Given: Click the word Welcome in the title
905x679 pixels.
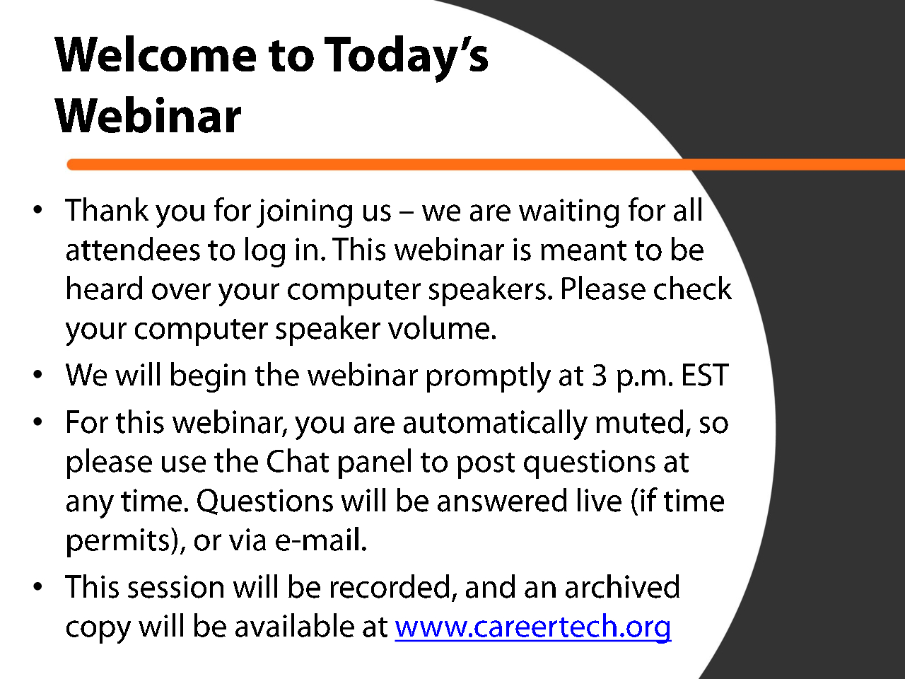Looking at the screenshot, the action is (x=156, y=55).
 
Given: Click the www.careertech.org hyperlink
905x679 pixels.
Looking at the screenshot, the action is (x=533, y=627).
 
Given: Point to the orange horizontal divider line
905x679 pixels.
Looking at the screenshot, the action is (x=486, y=165).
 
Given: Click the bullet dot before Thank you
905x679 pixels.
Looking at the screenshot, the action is (x=38, y=210).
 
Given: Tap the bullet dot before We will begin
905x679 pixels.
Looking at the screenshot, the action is (x=38, y=375).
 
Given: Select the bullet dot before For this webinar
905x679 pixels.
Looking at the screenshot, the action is (x=38, y=422).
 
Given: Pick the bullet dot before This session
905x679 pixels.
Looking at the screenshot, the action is (x=38, y=586).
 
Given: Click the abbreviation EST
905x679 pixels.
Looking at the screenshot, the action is (x=705, y=375).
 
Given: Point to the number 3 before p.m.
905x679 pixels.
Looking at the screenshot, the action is (x=600, y=375).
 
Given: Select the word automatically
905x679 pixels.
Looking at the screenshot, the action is (x=495, y=424).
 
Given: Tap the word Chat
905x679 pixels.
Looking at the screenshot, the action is (x=297, y=461).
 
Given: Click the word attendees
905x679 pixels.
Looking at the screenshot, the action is (x=133, y=250).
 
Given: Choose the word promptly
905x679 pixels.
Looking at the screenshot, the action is (x=488, y=377).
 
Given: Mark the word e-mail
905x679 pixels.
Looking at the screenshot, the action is (x=320, y=540).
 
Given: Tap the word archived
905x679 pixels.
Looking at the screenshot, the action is (x=622, y=586).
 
